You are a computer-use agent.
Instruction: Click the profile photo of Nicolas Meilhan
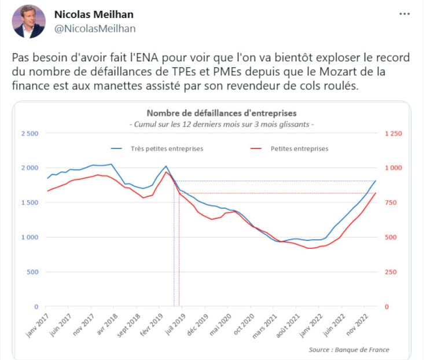coord(29,22)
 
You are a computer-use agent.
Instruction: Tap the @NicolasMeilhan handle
coord(94,28)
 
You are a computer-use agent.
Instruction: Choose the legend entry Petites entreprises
coord(299,148)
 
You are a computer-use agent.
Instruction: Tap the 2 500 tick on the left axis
coord(30,134)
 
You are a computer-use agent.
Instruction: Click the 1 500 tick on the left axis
coord(30,203)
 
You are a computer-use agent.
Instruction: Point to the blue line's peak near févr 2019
coord(167,166)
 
